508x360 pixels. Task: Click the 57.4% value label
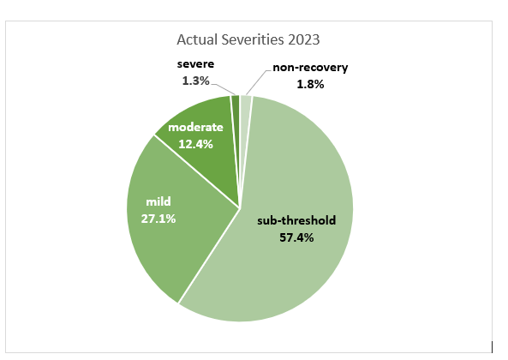[297, 237]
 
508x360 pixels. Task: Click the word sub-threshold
[297, 220]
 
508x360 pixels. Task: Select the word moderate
[195, 128]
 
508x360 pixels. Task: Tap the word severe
[197, 64]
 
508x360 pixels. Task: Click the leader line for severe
[224, 87]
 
